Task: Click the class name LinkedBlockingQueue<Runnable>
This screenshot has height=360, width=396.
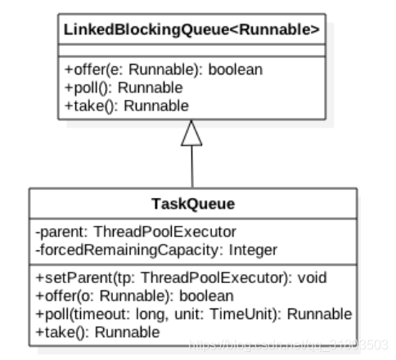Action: click(191, 30)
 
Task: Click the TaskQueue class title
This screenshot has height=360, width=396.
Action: click(192, 204)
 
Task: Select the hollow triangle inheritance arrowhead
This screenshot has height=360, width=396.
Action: click(191, 133)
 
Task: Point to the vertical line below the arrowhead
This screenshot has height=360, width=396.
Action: click(191, 167)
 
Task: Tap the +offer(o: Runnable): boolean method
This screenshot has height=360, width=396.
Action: click(134, 295)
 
